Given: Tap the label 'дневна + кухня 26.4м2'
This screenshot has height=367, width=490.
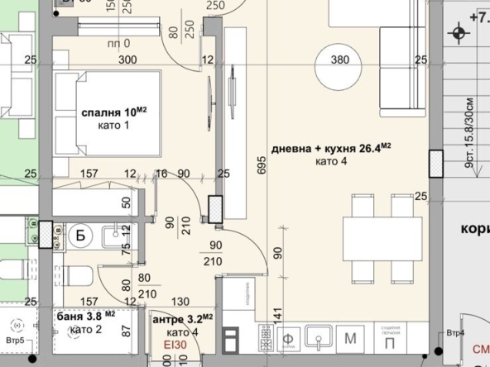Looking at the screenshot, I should tap(331, 149).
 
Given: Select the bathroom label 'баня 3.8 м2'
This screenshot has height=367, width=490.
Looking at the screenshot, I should tap(86, 315).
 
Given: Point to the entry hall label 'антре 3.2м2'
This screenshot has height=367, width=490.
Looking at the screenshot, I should tap(182, 317).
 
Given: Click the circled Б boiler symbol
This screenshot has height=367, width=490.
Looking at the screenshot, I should tap(81, 236).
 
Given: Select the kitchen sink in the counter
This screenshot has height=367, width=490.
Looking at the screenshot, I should tap(318, 337).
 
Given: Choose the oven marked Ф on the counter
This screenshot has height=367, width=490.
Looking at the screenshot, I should tap(290, 337).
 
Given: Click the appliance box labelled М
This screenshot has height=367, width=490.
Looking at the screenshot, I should tap(350, 337).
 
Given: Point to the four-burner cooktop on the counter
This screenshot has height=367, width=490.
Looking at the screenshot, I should tap(267, 337).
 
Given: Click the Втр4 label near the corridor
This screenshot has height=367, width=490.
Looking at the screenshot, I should tap(454, 333).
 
